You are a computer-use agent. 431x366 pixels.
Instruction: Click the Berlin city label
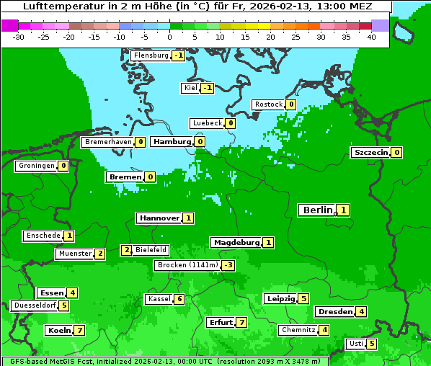pos(317,210)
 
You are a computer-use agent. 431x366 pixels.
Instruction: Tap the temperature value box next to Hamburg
pos(200,142)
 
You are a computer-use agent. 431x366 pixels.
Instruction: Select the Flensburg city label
pos(151,55)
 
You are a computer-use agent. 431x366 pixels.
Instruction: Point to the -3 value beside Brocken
pos(228,265)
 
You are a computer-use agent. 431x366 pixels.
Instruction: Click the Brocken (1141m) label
pos(187,265)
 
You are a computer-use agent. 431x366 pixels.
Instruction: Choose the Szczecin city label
pos(370,153)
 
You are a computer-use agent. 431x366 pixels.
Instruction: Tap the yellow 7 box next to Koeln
pos(79,331)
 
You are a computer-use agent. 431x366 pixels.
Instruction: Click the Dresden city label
pos(334,312)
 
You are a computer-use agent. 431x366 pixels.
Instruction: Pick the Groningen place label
pos(36,166)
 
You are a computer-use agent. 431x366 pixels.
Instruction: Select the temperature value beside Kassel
pos(179,299)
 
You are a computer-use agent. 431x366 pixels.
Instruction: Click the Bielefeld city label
pos(151,250)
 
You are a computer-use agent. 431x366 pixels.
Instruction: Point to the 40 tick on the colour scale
pos(371,36)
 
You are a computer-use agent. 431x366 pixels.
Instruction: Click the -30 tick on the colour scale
pos(19,36)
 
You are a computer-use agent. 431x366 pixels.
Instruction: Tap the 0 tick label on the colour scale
pos(169,36)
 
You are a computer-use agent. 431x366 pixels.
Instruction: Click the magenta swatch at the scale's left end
pos(9,25)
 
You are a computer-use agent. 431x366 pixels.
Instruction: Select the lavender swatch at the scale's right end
pos(380,25)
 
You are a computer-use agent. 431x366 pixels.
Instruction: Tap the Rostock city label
pos(269,104)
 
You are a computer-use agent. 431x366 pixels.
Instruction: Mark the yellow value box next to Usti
pos(371,344)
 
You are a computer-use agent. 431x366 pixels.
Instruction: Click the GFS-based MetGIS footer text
pos(50,361)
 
